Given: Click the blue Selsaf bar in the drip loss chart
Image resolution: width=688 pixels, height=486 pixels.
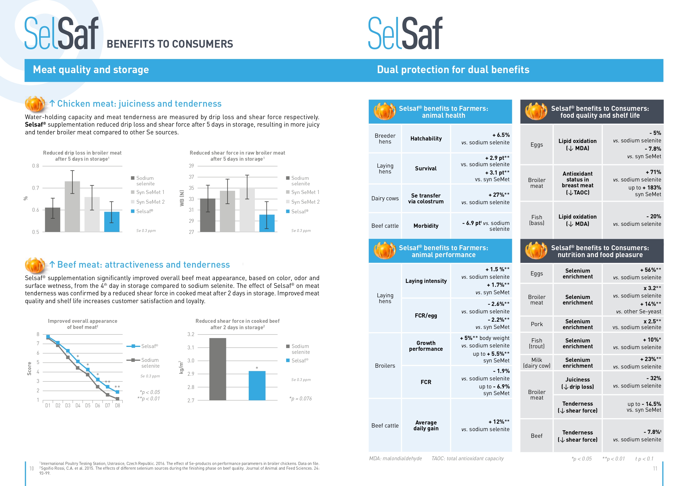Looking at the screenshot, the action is tap(112, 222).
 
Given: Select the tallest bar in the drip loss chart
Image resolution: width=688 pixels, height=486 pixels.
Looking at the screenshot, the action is tap(72, 206).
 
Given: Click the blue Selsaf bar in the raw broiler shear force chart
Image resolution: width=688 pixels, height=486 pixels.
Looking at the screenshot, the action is tap(267, 223).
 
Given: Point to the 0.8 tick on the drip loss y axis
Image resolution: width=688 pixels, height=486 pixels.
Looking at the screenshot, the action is tap(36, 166).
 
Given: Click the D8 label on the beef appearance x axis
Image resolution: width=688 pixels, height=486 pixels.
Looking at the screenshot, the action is tap(118, 405).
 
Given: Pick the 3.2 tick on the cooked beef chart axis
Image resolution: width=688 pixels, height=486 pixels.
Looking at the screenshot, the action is tap(191, 334).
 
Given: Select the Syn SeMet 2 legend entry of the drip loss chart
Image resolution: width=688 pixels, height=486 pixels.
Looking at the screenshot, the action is tap(148, 202).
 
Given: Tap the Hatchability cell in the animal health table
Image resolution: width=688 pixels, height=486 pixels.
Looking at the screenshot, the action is tap(426, 139).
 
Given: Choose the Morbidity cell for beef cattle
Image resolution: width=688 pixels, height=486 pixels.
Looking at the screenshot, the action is tap(426, 226).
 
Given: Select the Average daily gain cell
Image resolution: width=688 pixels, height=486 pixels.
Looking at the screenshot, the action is tap(426, 426).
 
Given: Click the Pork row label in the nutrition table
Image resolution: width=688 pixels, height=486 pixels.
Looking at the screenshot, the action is tap(536, 324).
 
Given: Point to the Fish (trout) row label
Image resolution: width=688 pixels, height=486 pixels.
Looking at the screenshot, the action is tap(536, 344).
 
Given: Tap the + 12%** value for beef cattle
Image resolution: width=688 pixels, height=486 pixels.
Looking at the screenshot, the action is tap(499, 422).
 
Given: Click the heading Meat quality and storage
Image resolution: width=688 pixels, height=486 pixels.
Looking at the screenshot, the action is tap(91, 70).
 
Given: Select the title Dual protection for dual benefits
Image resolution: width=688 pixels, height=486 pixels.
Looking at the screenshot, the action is tap(453, 70).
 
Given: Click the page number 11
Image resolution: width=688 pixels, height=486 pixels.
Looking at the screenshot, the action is tap(655, 468).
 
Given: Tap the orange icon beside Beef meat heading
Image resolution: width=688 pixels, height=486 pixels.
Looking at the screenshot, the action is tap(35, 265).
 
